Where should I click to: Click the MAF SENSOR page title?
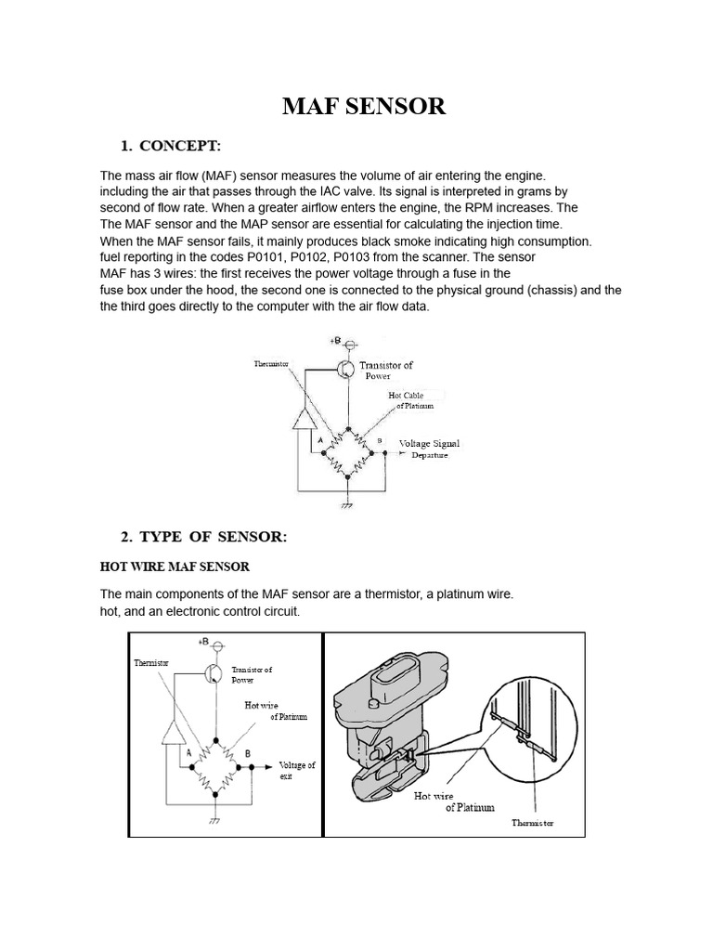[364, 107]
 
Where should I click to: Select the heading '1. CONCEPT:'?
[170, 146]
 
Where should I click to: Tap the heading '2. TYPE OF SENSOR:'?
[204, 537]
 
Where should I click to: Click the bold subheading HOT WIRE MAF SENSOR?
[175, 566]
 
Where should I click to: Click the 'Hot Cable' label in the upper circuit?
[406, 396]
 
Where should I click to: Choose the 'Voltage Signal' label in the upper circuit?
[429, 443]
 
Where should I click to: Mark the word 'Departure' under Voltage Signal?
[430, 455]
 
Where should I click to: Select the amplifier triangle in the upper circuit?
[304, 421]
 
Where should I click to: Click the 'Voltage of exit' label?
[296, 770]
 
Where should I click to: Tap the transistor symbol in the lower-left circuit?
[214, 673]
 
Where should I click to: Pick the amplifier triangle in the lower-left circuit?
[174, 734]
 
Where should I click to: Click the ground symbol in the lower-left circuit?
[214, 820]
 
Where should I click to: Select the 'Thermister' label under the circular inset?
[533, 823]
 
